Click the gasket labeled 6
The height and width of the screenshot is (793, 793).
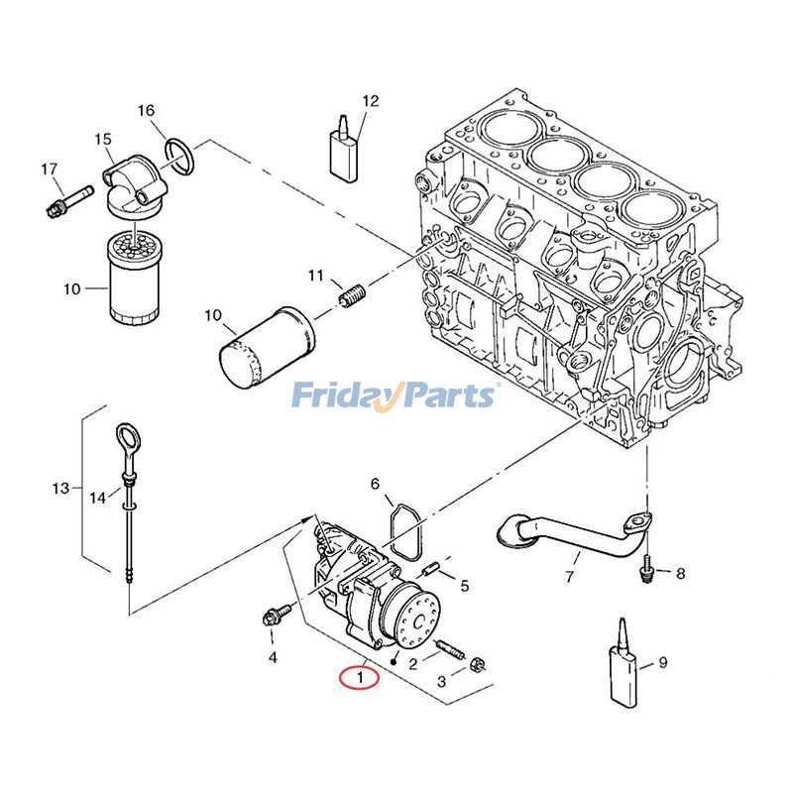[403, 531]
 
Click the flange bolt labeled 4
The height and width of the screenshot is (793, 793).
[273, 618]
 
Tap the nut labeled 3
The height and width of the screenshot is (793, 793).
[476, 663]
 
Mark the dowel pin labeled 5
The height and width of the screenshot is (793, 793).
[431, 569]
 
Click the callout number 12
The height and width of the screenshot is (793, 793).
[371, 100]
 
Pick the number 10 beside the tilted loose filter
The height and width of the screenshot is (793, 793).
[213, 316]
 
